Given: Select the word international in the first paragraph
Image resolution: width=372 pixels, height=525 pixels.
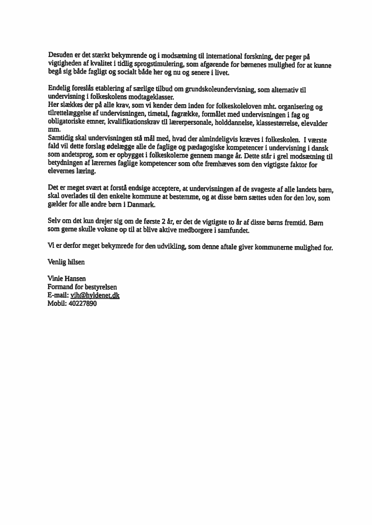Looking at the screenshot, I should click(x=226, y=56).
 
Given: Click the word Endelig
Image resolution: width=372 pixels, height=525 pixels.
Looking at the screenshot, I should click(x=59, y=88).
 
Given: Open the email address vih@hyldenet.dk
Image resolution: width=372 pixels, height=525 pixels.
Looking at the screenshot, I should click(x=95, y=295).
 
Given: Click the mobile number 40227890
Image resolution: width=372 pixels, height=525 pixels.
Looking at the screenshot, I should click(x=83, y=303).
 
